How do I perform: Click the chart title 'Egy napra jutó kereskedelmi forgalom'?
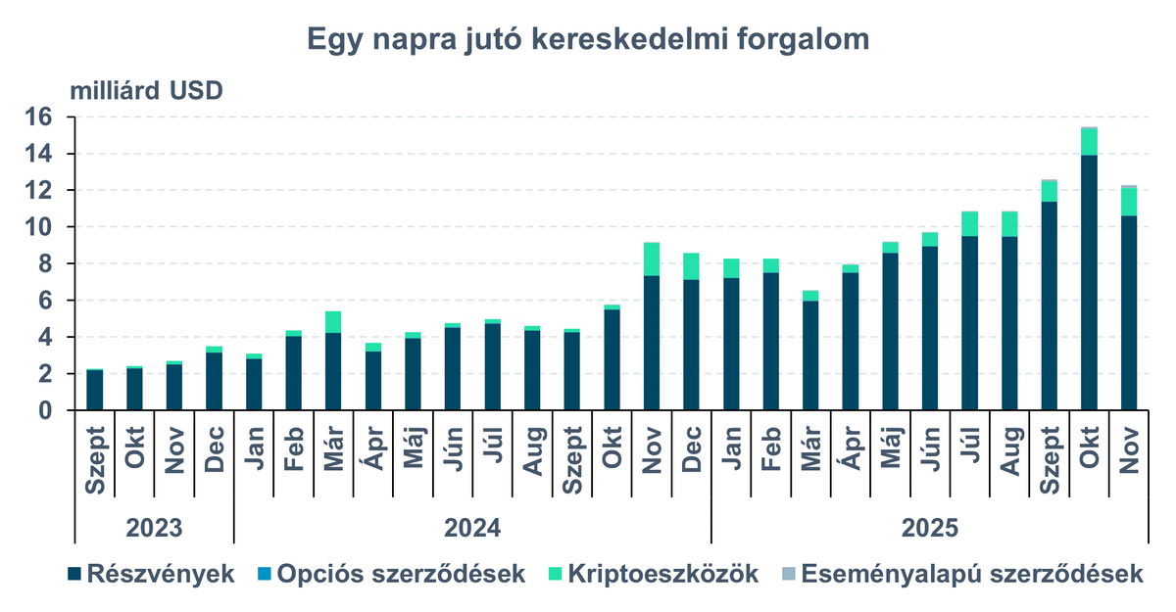tap(588, 39)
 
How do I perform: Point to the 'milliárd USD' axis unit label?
tap(146, 91)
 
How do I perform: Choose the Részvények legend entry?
tap(151, 574)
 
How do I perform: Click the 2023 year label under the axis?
tap(155, 527)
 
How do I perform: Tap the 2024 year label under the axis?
tap(472, 527)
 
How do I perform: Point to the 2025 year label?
tap(929, 527)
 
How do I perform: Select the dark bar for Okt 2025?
tap(1088, 284)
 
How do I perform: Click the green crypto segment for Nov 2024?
tap(651, 259)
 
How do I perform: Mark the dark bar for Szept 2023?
tap(95, 391)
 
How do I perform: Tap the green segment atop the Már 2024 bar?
tap(333, 322)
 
